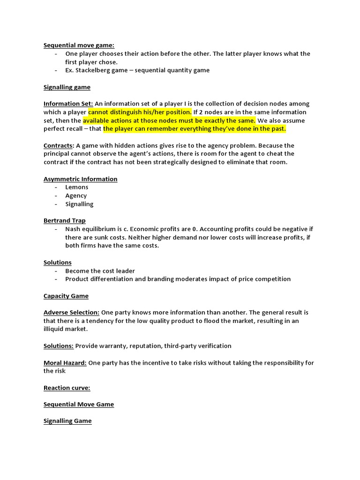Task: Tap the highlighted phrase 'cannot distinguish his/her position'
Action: [140, 112]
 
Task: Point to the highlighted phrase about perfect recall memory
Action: [195, 129]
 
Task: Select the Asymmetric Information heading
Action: [80, 179]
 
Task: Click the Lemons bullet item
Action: [76, 187]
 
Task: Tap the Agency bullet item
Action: [76, 195]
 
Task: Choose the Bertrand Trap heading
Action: [65, 220]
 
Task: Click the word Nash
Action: [73, 229]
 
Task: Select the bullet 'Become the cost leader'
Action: [100, 271]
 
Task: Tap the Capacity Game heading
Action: [66, 296]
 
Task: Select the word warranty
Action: [115, 346]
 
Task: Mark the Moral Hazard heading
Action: [65, 363]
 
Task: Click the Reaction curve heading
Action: [67, 388]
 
